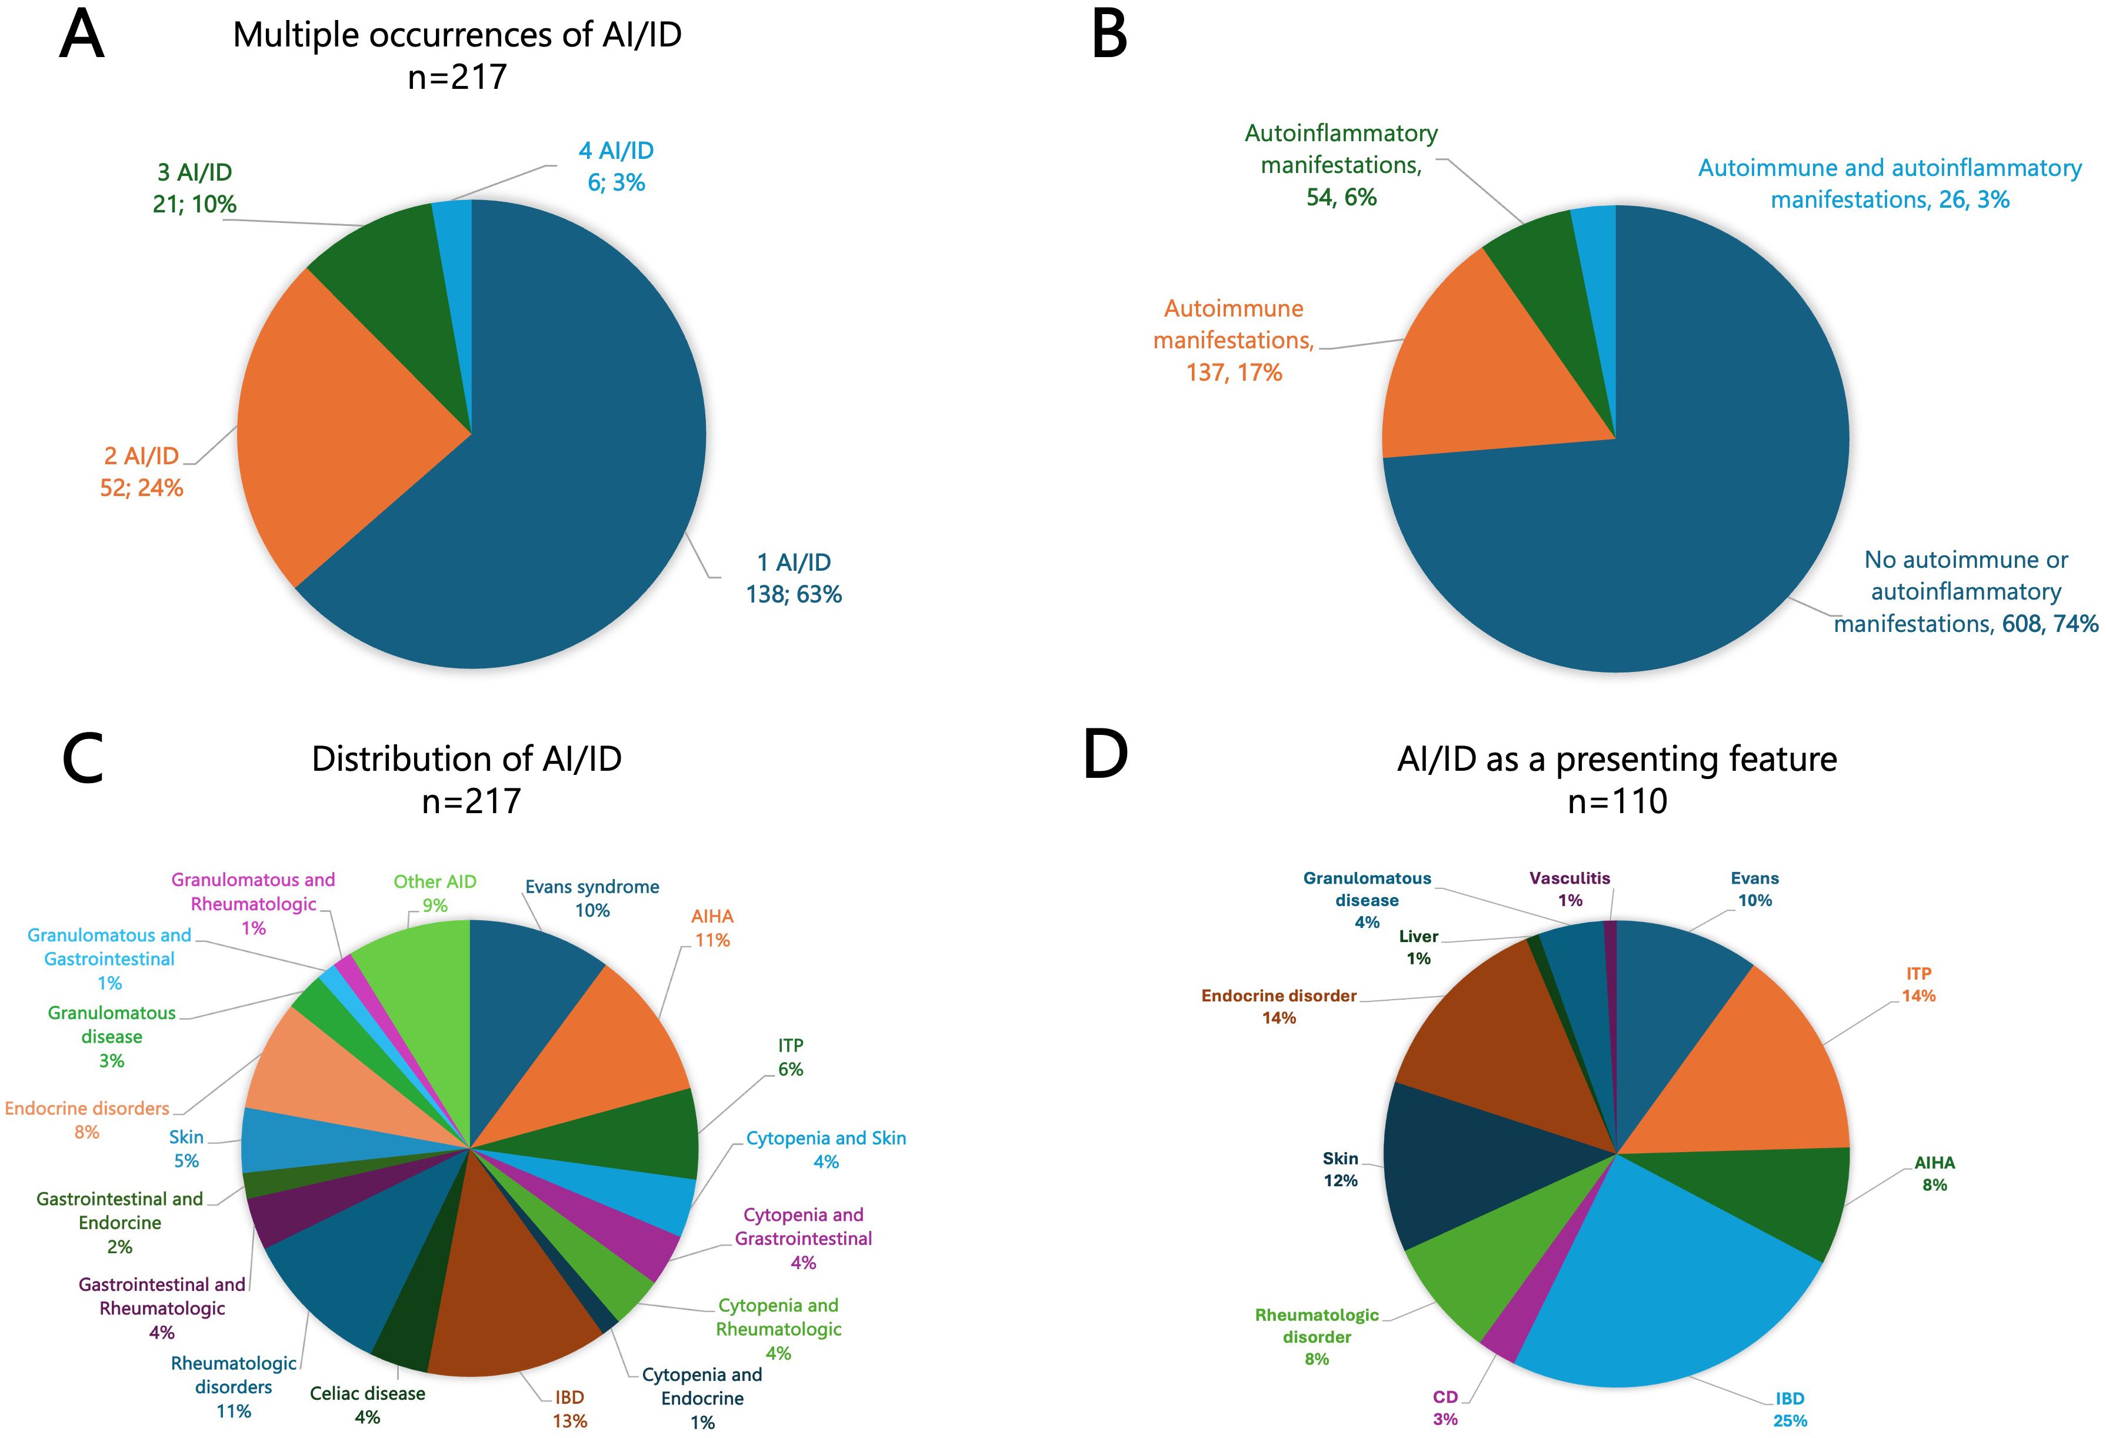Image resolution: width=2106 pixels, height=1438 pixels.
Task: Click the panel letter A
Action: [x=82, y=36]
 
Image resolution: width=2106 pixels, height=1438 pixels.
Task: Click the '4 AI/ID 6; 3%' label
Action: [x=617, y=167]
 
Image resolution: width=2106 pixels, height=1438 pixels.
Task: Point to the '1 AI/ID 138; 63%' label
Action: [x=794, y=578]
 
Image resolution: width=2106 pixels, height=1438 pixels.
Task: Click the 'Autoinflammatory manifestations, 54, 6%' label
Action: [x=1341, y=165]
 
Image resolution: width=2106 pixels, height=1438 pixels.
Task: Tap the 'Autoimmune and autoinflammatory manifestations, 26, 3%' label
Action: [x=1890, y=183]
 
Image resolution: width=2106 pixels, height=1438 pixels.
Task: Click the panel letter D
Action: [x=1105, y=755]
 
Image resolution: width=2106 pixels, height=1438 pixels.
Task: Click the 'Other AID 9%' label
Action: [x=435, y=893]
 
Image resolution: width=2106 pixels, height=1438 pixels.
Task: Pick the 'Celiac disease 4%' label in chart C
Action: [x=367, y=1404]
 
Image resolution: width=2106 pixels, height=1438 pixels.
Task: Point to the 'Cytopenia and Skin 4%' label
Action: [x=825, y=1149]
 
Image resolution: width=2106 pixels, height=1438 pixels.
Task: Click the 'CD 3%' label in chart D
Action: [x=1445, y=1407]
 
